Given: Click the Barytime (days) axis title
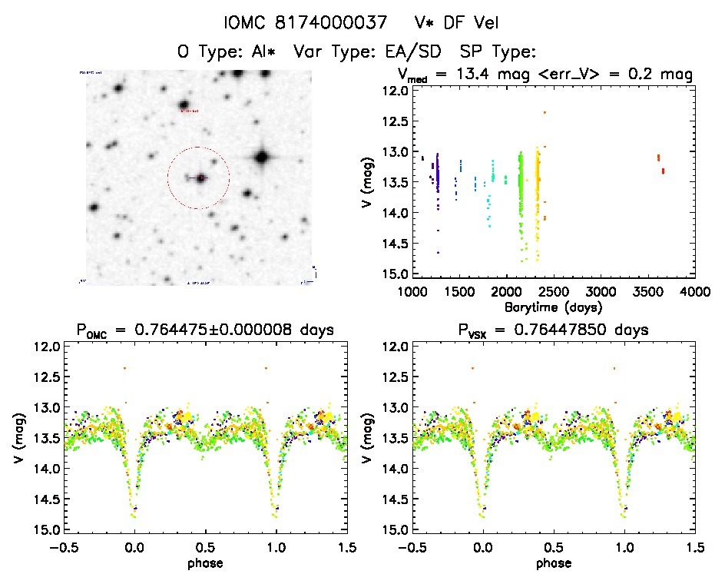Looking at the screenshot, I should coord(552,307).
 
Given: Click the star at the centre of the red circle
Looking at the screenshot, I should coord(200,178).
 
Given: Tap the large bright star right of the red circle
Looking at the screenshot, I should coord(262,158).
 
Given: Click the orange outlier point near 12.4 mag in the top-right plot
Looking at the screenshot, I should coord(544,112).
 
